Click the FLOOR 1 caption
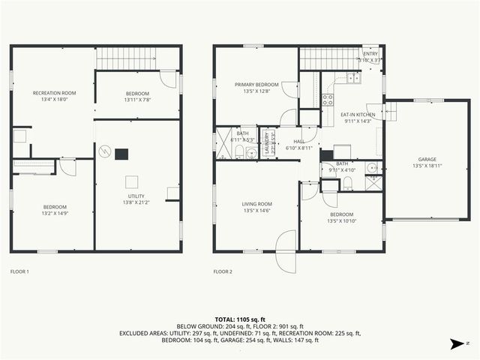[x=19, y=271]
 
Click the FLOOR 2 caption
[x=223, y=271]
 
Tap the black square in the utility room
[x=121, y=154]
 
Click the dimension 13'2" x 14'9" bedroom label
[x=55, y=211]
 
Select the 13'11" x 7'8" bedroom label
[x=137, y=97]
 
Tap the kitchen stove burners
[x=328, y=98]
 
